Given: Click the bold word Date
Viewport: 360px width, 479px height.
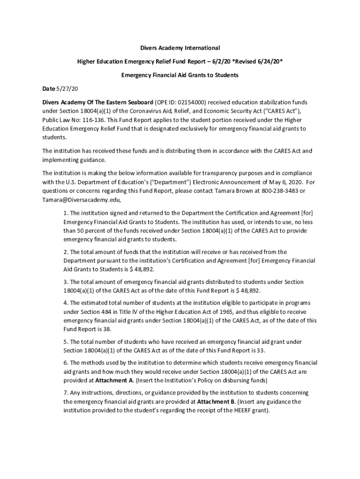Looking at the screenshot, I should (x=49, y=88).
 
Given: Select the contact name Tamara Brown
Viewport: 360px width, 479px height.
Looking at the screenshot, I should (x=235, y=191).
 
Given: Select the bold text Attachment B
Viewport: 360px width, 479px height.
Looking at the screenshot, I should (x=216, y=402).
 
